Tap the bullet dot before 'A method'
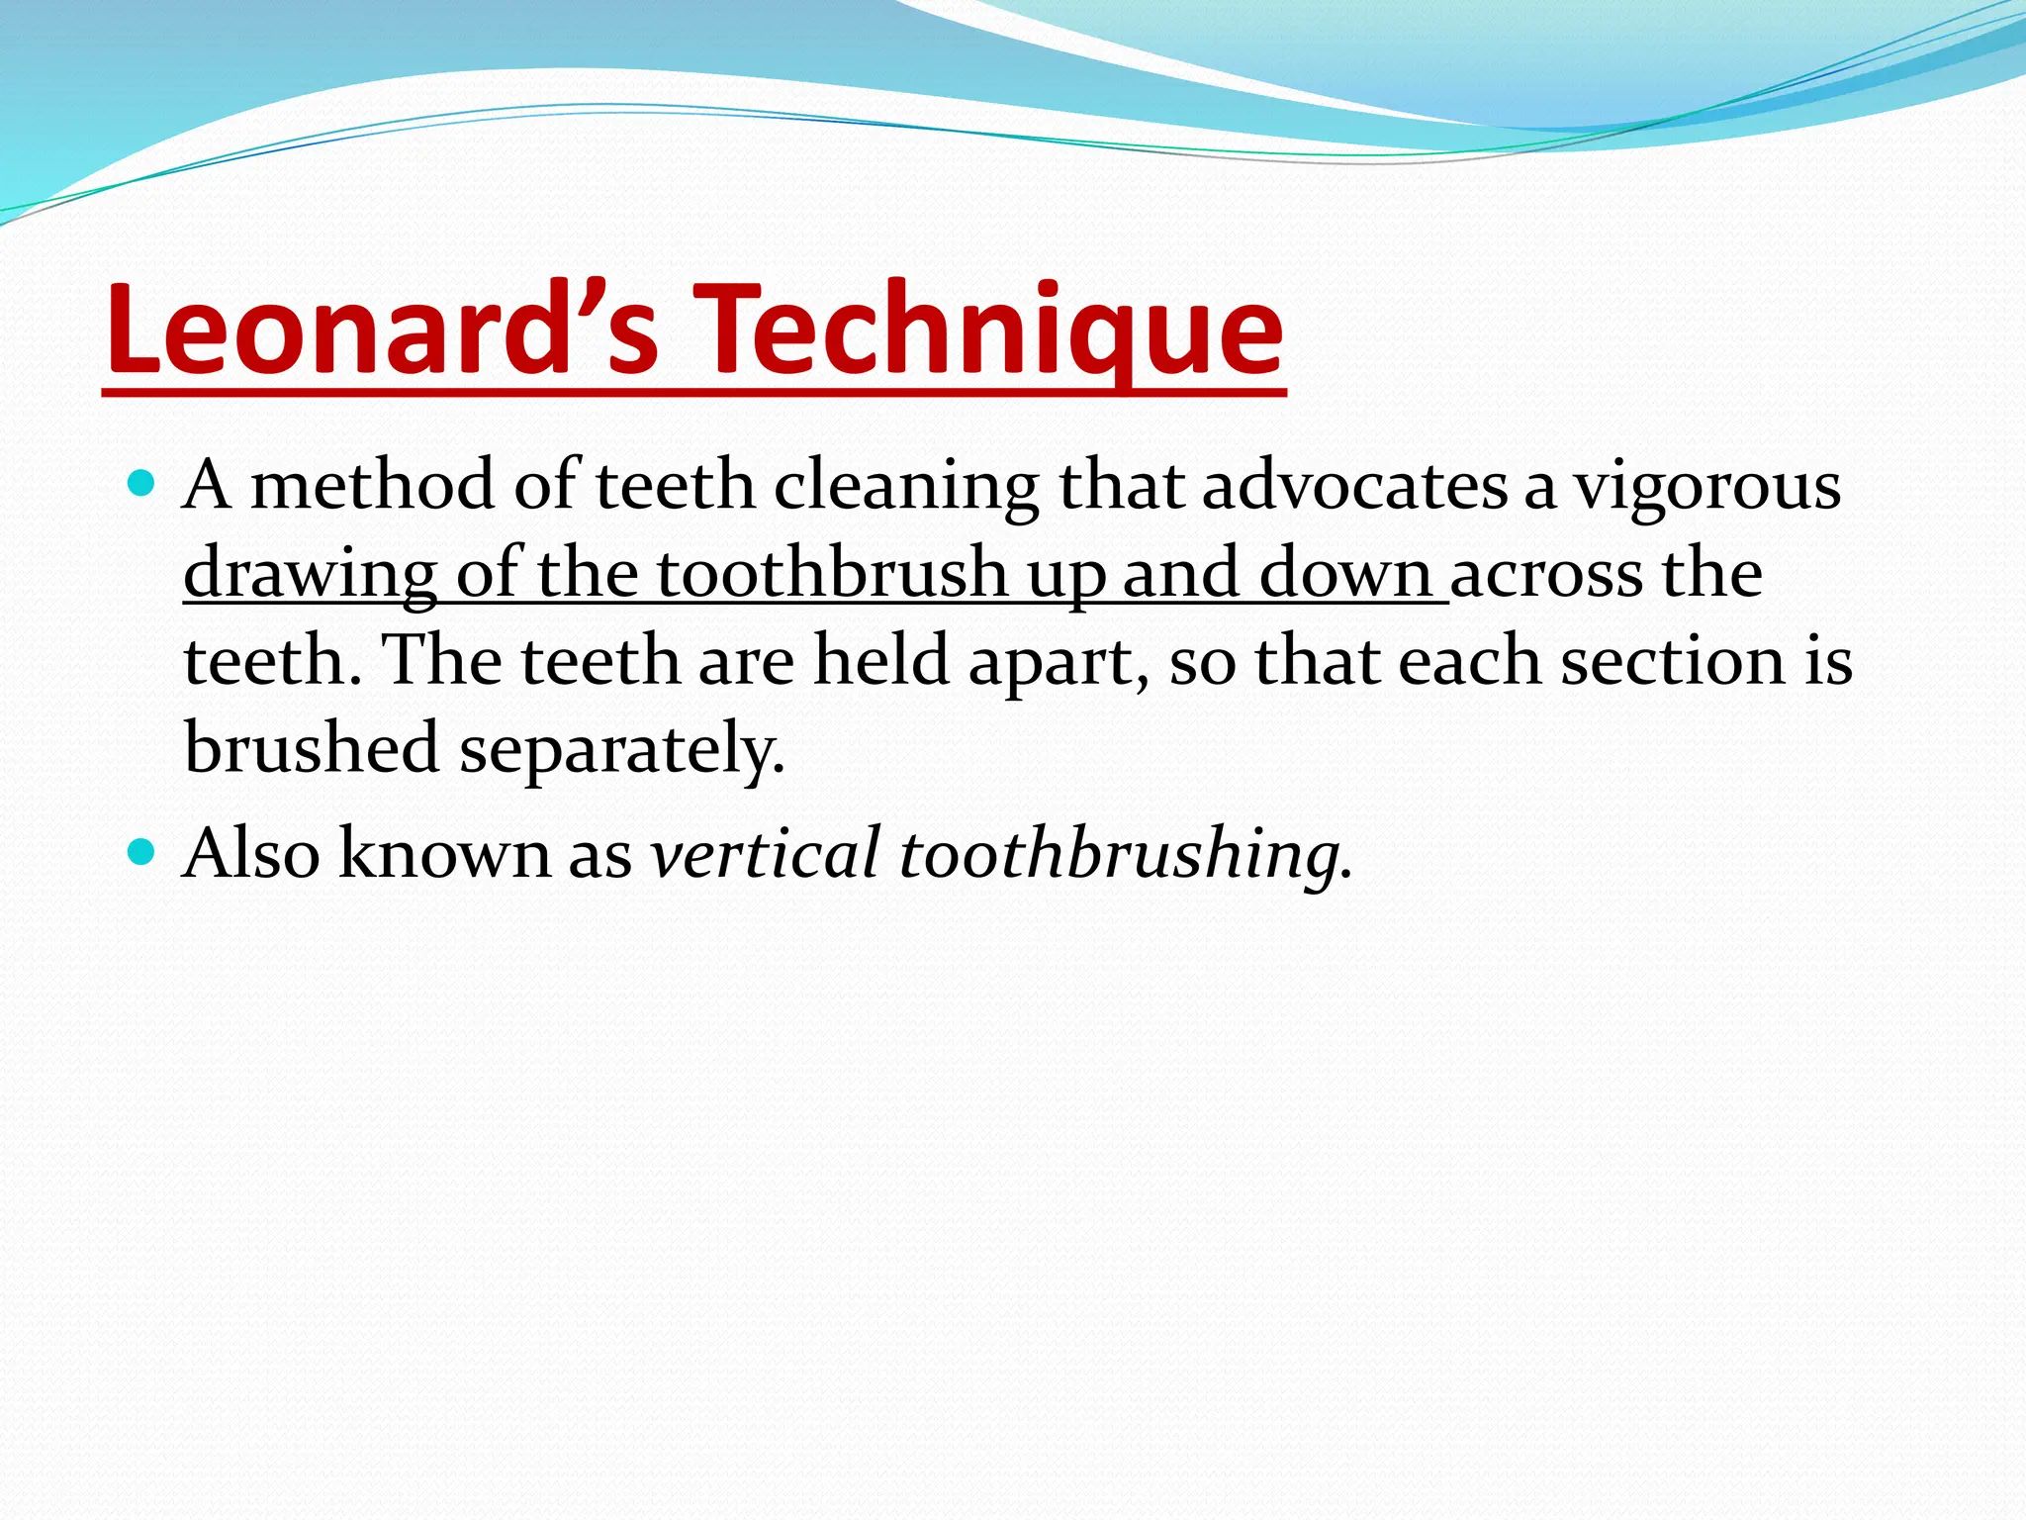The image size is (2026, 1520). [x=142, y=484]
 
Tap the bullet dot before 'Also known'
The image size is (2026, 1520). [x=142, y=851]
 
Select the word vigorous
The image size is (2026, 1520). [x=1707, y=487]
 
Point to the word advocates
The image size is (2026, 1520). [x=1354, y=487]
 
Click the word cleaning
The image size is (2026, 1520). [x=905, y=487]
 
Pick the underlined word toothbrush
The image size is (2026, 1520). [x=831, y=574]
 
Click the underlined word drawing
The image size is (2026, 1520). [x=310, y=574]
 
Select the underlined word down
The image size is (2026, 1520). [x=1345, y=574]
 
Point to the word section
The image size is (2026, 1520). [x=1673, y=661]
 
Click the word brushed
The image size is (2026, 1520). [x=312, y=747]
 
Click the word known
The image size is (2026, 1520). [x=444, y=853]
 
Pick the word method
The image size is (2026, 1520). [x=372, y=487]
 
